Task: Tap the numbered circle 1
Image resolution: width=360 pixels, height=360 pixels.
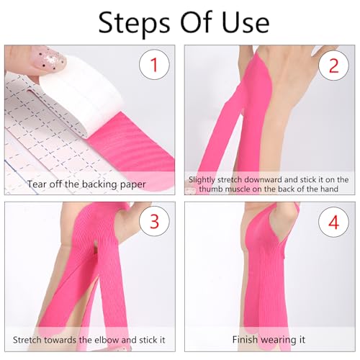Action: point(153,66)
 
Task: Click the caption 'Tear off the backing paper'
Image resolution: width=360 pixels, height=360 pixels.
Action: point(86,184)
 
